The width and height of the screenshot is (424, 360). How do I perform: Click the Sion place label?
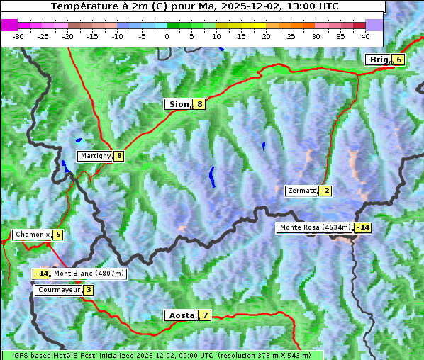(178, 104)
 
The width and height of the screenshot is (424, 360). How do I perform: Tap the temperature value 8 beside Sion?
(200, 104)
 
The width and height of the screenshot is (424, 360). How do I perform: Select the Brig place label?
(379, 60)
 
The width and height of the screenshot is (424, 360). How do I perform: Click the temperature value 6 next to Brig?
(399, 60)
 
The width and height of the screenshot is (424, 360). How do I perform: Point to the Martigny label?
(95, 156)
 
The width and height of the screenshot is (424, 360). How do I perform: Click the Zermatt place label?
(301, 191)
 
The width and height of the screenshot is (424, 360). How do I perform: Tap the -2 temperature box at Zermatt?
(325, 191)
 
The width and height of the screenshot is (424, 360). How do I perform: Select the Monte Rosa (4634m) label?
(315, 227)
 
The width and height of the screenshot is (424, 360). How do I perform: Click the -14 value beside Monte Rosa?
(362, 227)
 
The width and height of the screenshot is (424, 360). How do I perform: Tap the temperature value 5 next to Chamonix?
(57, 235)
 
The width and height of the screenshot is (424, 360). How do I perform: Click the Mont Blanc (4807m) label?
(89, 274)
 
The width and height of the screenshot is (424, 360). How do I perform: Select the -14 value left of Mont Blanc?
(41, 274)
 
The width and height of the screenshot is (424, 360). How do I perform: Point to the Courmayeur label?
(58, 290)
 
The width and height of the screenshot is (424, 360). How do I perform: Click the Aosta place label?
(180, 315)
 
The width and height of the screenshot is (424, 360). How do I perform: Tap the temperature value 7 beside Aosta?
(205, 315)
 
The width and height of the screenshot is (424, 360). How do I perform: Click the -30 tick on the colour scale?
(18, 35)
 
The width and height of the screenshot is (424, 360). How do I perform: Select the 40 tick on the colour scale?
(365, 35)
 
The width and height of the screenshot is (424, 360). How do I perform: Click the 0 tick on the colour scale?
(167, 35)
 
